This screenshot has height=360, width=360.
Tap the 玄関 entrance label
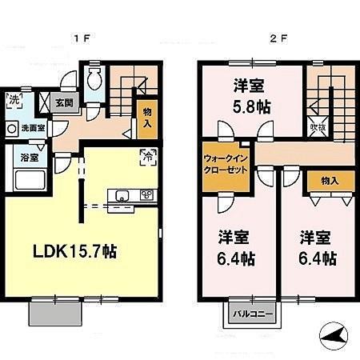click(64, 102)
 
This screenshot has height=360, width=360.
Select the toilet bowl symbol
click(94, 80)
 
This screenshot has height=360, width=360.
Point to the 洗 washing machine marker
click(14, 101)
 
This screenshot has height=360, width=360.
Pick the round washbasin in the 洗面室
click(12, 127)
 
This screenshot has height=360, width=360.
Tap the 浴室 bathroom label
click(26, 156)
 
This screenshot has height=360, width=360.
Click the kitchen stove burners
click(146, 194)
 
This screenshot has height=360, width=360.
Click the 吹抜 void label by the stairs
click(316, 127)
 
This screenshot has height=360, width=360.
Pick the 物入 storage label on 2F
click(328, 181)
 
